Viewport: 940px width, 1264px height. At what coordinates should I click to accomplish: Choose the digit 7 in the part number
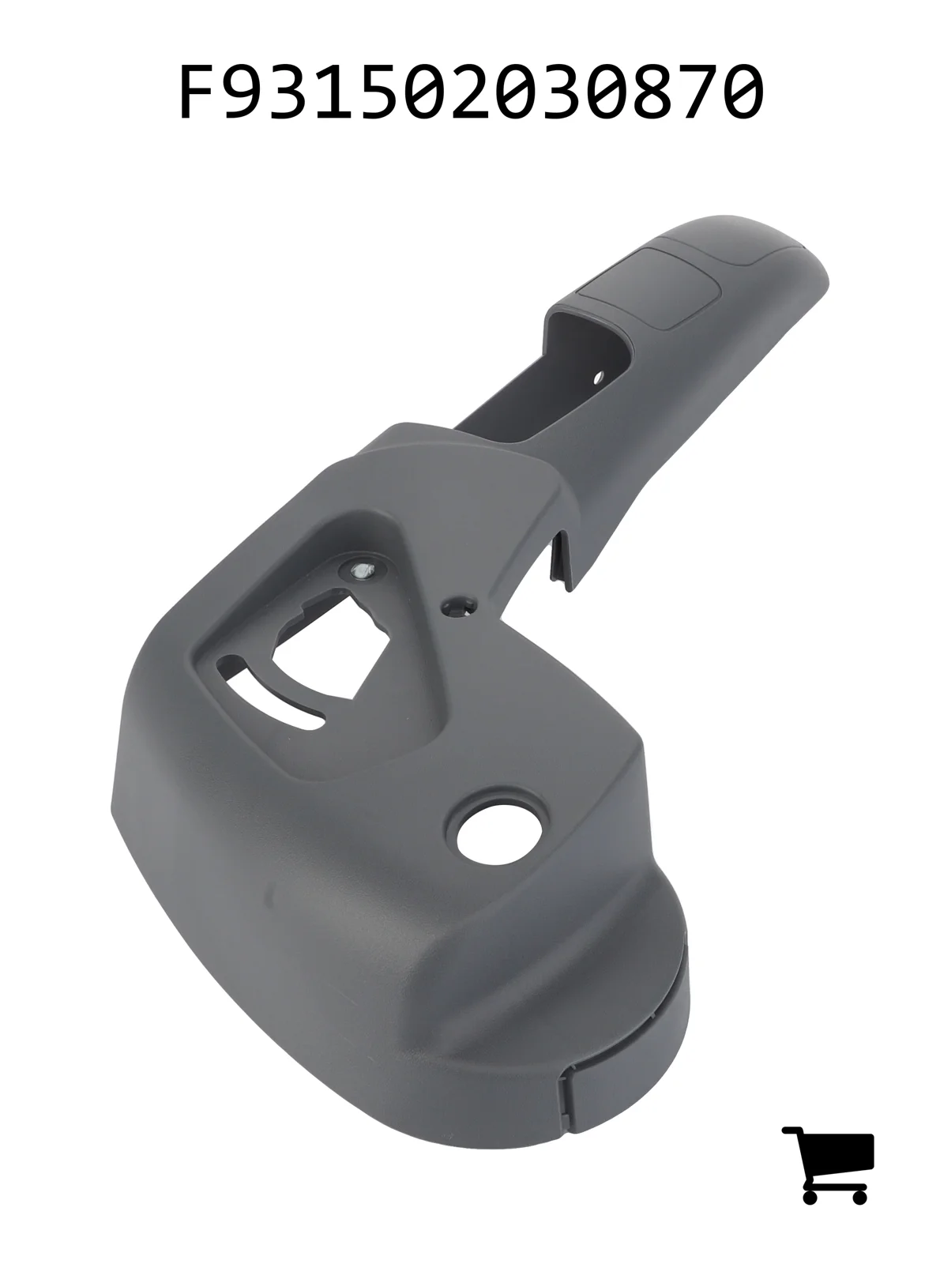pos(694,91)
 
